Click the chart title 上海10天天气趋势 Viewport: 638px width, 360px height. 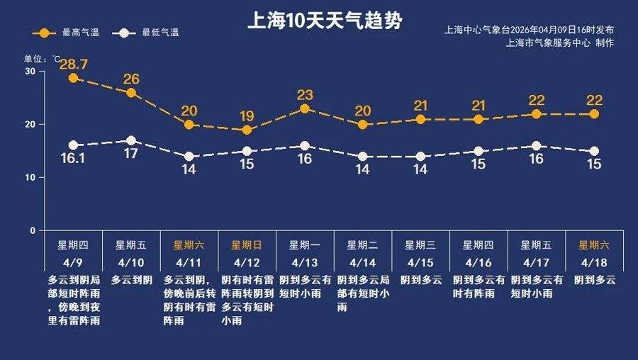tap(324, 21)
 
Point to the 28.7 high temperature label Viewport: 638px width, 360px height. tap(73, 64)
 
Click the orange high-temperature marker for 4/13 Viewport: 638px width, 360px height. tap(305, 108)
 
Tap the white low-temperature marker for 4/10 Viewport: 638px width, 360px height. tap(131, 140)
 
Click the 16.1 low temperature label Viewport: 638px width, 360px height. tap(73, 159)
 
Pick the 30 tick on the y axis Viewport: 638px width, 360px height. tap(30, 72)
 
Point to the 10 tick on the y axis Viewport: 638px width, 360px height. tap(30, 178)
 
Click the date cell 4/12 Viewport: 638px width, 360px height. tap(247, 261)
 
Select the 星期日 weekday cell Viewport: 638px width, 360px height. tap(247, 245)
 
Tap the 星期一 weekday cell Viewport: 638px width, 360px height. tap(305, 245)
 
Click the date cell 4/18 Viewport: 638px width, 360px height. tap(594, 261)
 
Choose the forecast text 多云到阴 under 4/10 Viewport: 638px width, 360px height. tap(131, 280)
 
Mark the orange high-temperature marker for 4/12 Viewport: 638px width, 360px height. tap(247, 130)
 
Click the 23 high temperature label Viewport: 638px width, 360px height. tap(305, 95)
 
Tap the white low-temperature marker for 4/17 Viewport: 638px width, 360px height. tap(536, 146)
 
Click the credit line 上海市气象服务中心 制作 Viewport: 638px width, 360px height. tap(560, 43)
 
